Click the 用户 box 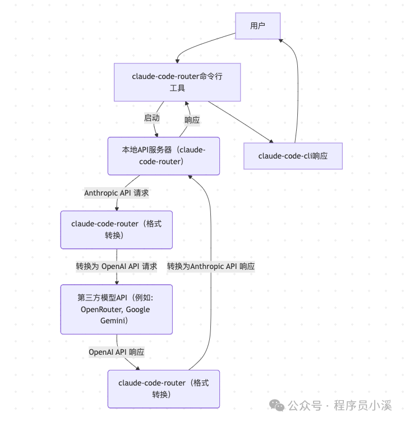tap(257, 26)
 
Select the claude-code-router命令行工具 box tap(177, 82)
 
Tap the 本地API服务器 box tap(163, 156)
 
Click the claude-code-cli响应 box tap(293, 156)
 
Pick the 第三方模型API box tap(116, 309)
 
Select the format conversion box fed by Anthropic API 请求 tap(116, 229)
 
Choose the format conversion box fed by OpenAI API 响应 tap(163, 388)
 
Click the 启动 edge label tap(151, 118)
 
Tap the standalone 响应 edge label tap(192, 120)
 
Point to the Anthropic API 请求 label tap(117, 193)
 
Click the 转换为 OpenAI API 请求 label tap(117, 266)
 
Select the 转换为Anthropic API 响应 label tap(211, 266)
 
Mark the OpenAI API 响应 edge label tap(117, 352)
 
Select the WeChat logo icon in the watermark tap(276, 405)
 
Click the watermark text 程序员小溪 tap(363, 405)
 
